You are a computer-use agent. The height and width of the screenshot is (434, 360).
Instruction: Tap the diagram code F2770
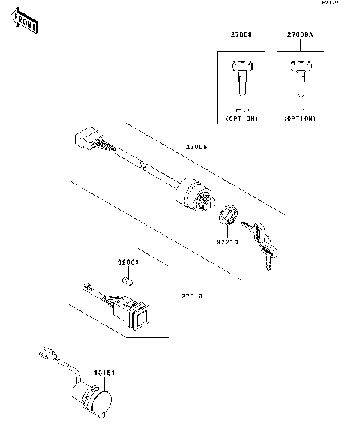(330, 4)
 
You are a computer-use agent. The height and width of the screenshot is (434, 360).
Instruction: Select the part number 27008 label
(241, 35)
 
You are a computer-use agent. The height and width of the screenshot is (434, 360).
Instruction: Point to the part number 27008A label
(299, 35)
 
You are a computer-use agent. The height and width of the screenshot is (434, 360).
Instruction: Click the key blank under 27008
(241, 79)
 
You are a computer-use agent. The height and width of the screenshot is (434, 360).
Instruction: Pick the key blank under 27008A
(299, 79)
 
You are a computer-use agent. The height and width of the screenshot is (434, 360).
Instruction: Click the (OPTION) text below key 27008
(241, 119)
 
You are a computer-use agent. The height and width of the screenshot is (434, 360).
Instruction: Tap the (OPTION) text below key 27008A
(299, 119)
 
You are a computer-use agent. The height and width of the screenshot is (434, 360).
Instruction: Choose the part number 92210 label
(227, 242)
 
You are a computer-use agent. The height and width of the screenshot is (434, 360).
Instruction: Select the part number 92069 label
(127, 263)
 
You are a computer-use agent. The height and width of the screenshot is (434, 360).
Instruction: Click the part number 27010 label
(191, 295)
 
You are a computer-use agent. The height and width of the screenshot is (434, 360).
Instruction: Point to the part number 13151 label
(103, 372)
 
